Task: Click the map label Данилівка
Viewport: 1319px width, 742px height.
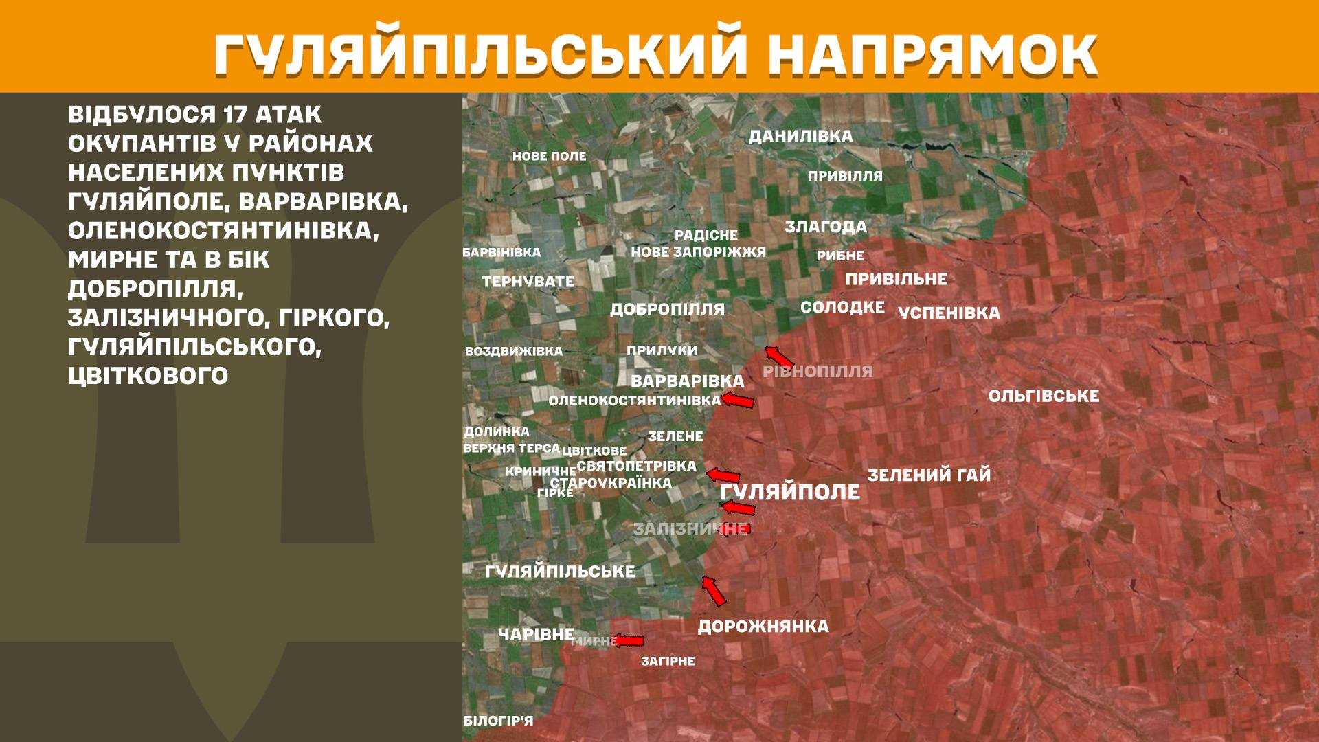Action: click(x=800, y=136)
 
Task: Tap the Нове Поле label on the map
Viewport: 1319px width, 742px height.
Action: click(x=549, y=156)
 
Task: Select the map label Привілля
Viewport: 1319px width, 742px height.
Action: click(x=845, y=176)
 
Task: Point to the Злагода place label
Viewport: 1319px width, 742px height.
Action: click(x=826, y=227)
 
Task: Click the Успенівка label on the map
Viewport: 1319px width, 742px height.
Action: click(x=949, y=313)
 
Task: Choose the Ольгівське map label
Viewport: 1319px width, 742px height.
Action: click(x=1044, y=396)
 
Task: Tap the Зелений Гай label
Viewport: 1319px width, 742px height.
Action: click(x=929, y=475)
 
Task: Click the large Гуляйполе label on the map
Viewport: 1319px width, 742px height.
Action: click(x=789, y=493)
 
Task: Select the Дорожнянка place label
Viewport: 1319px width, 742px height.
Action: click(x=763, y=627)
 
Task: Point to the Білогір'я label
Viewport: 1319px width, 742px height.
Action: click(x=498, y=721)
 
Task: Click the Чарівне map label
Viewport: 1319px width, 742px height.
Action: click(x=536, y=634)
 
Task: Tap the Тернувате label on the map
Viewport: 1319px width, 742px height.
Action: click(x=528, y=282)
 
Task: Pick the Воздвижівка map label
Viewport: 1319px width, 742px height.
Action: click(x=513, y=351)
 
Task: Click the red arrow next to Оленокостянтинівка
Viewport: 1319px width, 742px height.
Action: click(x=738, y=401)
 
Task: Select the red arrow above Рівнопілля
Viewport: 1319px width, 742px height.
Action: click(x=780, y=357)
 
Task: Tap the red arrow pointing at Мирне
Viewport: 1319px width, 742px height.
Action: click(x=629, y=641)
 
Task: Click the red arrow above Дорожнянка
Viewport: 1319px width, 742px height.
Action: click(x=714, y=591)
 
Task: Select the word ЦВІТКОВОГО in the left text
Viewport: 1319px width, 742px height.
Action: click(x=148, y=376)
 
